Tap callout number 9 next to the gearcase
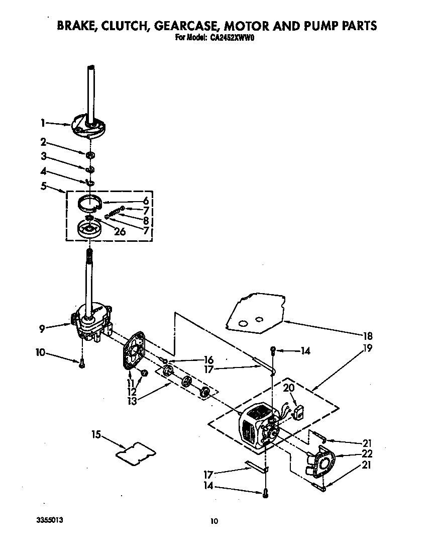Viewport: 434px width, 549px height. (x=43, y=328)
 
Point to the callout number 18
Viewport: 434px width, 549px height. (x=368, y=336)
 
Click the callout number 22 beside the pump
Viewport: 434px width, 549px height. (x=368, y=453)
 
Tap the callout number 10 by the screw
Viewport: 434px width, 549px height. (x=40, y=353)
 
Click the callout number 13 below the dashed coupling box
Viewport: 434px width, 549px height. (x=133, y=400)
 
